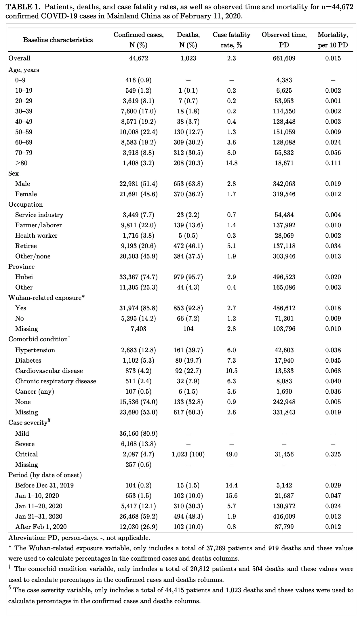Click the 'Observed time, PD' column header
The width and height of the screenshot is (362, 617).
coord(284,40)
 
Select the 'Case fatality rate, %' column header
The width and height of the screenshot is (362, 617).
coord(231,40)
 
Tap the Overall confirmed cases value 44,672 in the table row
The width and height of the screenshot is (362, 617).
coord(138,58)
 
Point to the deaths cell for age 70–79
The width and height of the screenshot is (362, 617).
coord(188,153)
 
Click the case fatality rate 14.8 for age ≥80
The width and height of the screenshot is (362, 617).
coord(231,163)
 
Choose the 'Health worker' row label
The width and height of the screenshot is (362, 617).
coord(36,236)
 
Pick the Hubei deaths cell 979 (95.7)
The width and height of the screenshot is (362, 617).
coord(188,277)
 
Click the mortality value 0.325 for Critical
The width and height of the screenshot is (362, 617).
coord(333,454)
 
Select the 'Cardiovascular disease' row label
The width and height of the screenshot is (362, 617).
coord(49,371)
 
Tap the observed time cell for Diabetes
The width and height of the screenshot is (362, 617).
coord(284,361)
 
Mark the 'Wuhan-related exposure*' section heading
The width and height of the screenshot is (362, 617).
coord(46,298)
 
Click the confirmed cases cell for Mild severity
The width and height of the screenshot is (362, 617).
coord(138,434)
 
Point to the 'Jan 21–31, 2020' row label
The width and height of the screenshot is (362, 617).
coord(39,517)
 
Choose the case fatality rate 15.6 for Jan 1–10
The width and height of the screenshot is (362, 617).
coord(231,496)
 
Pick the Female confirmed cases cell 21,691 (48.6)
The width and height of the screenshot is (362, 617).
coord(138,194)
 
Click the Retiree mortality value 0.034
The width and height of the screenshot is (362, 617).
coord(333,246)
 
